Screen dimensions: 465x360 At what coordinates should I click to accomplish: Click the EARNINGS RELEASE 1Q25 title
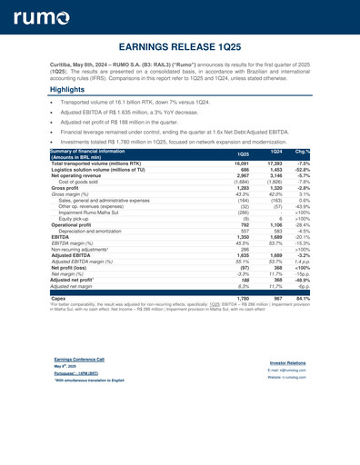pos(179,45)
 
